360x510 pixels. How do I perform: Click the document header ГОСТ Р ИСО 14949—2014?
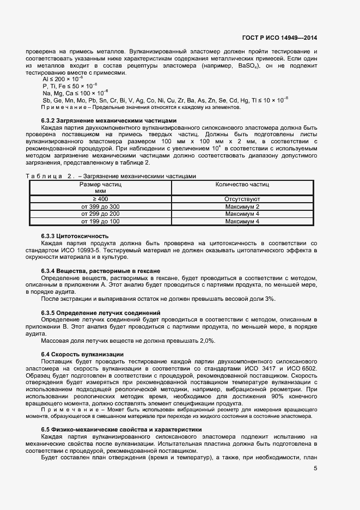[x=279, y=38]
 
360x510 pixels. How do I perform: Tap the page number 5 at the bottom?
[x=315, y=467]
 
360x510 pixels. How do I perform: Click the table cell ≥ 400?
[x=100, y=199]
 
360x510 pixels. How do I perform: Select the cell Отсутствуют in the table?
[x=242, y=199]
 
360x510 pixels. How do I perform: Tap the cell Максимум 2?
[x=242, y=207]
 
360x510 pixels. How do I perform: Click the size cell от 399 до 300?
[x=100, y=207]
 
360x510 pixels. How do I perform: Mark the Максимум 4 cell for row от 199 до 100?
[x=242, y=222]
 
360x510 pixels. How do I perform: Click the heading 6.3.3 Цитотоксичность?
[x=75, y=235]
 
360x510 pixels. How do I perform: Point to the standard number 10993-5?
[x=70, y=242]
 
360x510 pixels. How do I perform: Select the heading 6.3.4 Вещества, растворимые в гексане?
[x=100, y=271]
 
